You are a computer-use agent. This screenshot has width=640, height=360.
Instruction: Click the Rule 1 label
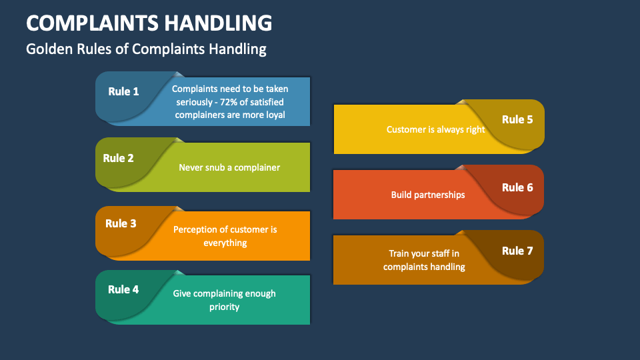123,91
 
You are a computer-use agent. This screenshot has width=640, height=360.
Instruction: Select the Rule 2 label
118,158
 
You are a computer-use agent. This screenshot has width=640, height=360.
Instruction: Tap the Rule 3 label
121,223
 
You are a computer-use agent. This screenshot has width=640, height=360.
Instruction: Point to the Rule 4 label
123,289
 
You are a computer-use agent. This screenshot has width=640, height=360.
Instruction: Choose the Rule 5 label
517,119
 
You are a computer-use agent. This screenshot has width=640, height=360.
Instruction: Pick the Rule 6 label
517,187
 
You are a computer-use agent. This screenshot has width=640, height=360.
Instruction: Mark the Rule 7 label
517,251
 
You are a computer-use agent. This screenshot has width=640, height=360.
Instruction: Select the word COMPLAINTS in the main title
88,23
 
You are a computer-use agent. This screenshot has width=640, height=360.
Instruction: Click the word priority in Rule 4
225,307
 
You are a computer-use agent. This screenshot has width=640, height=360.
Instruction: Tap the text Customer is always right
436,129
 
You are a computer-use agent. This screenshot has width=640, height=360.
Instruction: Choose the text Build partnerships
428,195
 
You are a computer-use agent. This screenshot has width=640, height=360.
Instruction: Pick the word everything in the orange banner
225,243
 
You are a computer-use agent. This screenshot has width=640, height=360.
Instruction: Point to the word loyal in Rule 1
274,115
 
